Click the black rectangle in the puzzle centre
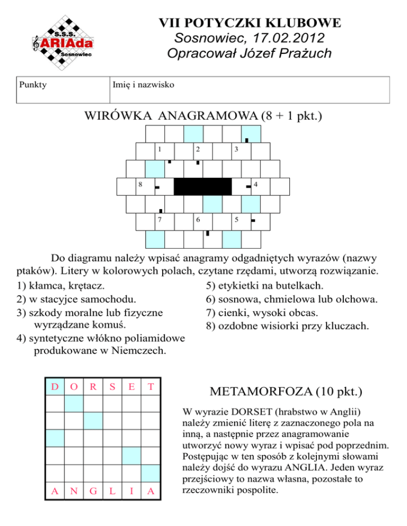point(202,186)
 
